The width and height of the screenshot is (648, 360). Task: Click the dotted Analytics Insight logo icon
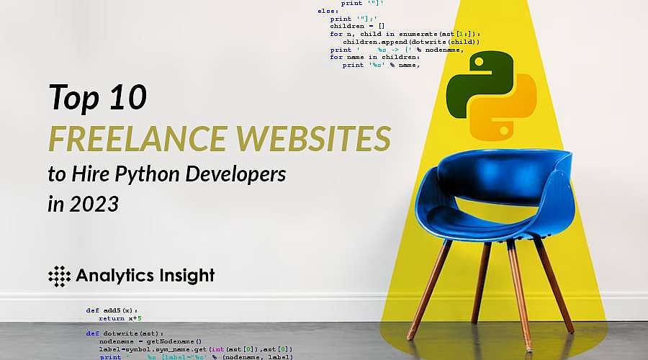pos(59,275)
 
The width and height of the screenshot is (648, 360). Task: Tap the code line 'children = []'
pos(353,25)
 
